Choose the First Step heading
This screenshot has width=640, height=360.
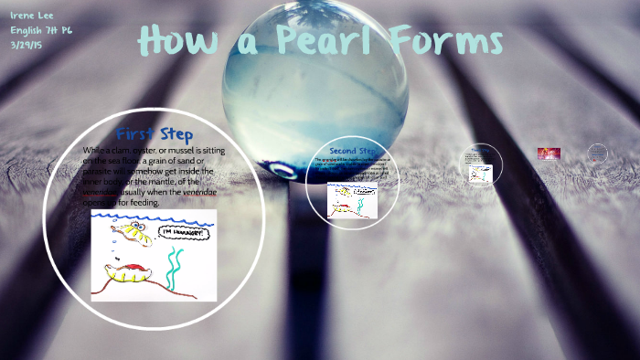(x=155, y=133)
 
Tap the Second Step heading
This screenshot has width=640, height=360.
(x=353, y=151)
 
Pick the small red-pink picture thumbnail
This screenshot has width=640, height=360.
(x=549, y=154)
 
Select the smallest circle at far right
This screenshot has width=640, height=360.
(x=597, y=153)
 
